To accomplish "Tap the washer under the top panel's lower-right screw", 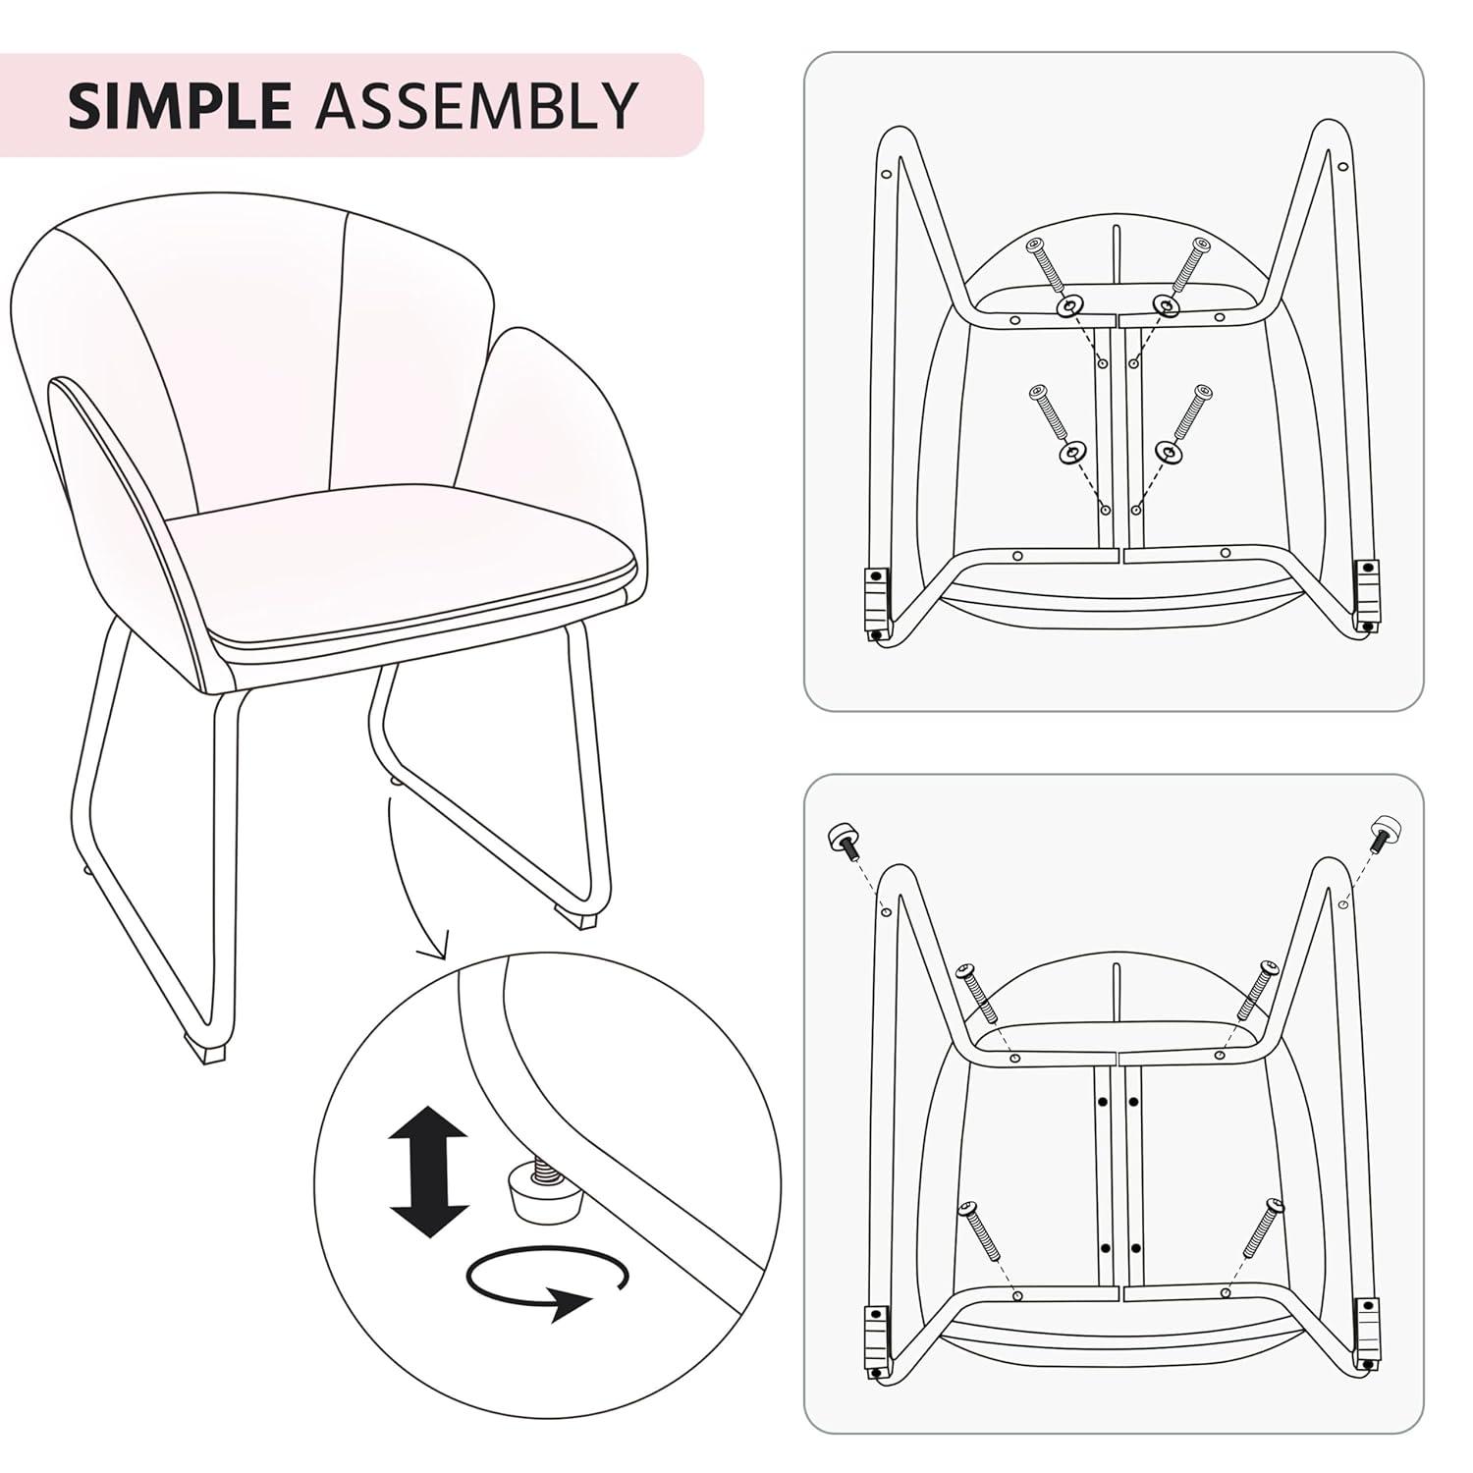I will click(1166, 453).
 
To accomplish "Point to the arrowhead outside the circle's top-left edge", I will click(432, 951).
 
